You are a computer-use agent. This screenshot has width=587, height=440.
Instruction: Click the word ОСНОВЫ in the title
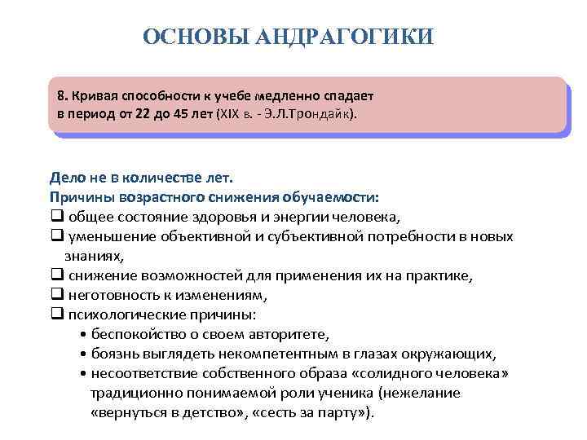196,37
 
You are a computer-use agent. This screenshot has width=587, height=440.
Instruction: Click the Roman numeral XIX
231,114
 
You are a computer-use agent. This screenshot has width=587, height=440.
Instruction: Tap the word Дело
67,177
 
